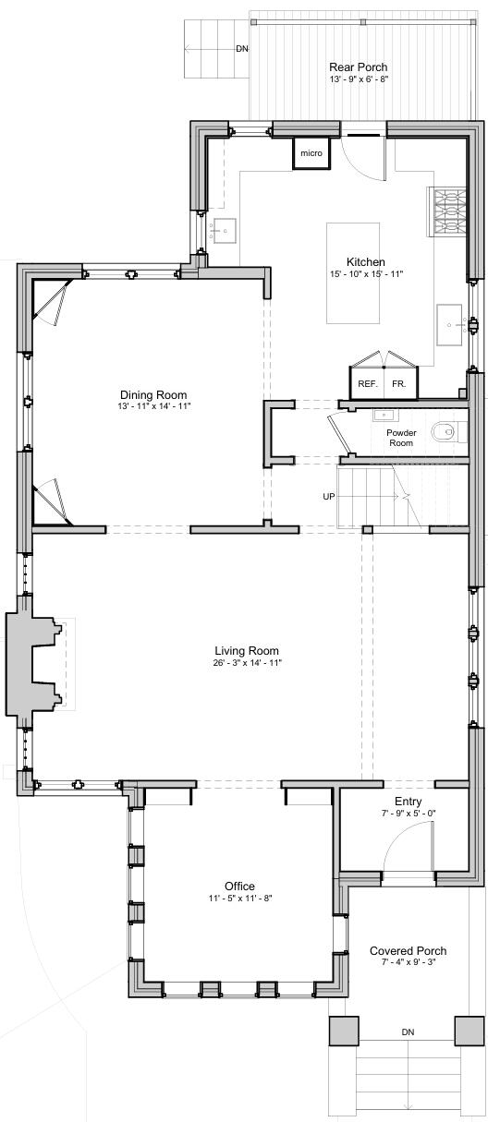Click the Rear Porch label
358,67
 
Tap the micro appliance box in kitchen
311,153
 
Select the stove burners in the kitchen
447,211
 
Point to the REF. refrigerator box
367,382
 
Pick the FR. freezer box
399,382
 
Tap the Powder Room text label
400,438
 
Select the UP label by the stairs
328,496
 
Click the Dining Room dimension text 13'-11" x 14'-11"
153,406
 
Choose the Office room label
239,886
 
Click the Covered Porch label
408,950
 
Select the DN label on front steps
408,1032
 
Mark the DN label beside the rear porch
242,48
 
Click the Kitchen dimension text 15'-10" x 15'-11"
366,274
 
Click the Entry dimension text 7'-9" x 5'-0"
409,814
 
